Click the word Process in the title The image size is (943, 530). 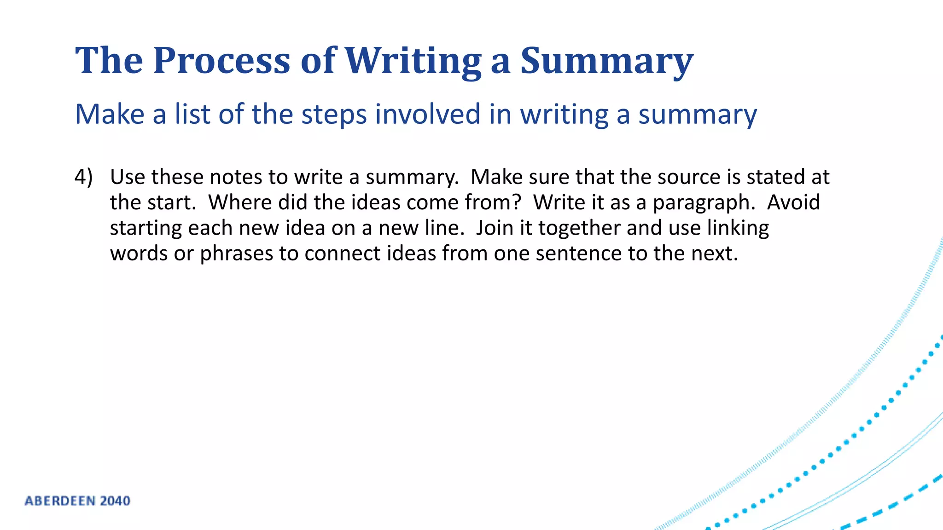[x=221, y=61]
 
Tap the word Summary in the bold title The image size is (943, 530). [x=606, y=61]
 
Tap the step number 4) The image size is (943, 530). [x=83, y=177]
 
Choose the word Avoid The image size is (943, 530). [x=793, y=202]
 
